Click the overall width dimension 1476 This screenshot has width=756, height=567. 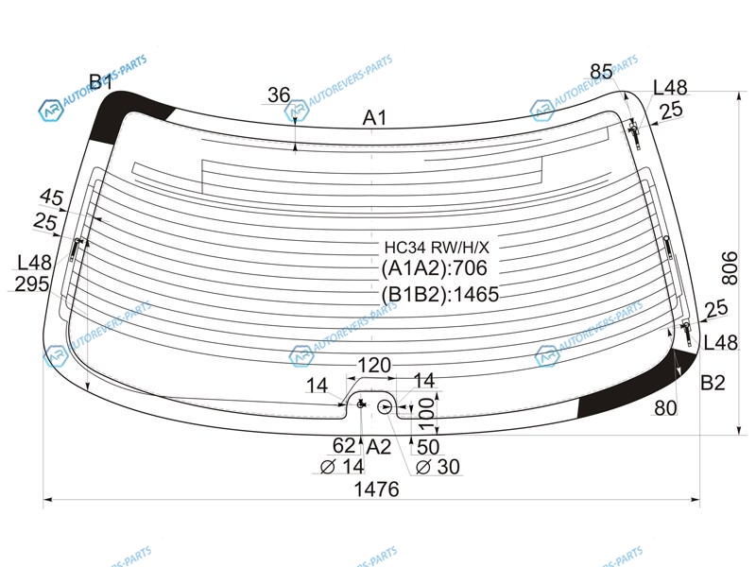[x=376, y=490]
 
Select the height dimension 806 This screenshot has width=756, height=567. [x=730, y=268]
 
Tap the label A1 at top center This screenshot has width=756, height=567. [x=374, y=117]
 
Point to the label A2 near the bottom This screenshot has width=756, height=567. [x=378, y=447]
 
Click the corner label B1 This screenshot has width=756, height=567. [x=101, y=82]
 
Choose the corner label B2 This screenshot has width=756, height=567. [x=713, y=383]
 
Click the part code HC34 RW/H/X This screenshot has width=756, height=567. [x=437, y=248]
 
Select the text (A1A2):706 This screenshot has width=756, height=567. [x=434, y=268]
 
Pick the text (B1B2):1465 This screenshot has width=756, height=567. [x=439, y=294]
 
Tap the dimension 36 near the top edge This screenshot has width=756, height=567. [x=279, y=95]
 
